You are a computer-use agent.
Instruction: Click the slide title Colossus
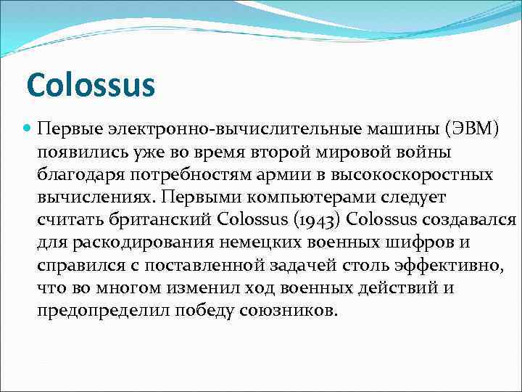[91, 85]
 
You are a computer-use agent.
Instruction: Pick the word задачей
[296, 266]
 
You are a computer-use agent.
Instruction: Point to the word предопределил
[103, 311]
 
